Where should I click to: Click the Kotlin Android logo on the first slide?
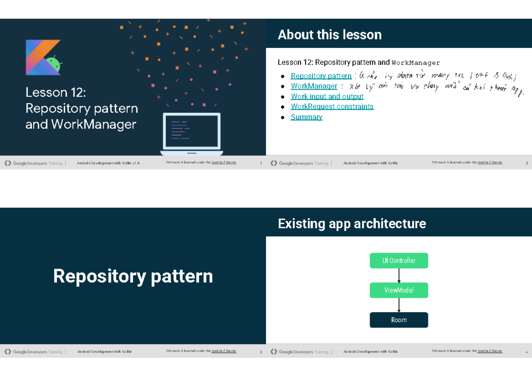(43, 57)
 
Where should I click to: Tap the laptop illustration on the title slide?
(192, 134)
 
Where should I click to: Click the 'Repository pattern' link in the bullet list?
(321, 76)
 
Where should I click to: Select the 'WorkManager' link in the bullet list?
(314, 86)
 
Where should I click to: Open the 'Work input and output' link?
(327, 96)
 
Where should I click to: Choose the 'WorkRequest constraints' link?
(332, 107)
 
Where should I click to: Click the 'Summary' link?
(306, 117)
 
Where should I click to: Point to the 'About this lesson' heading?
(329, 35)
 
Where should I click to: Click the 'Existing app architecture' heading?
(352, 223)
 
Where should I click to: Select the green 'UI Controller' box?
(399, 261)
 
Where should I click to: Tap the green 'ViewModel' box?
(399, 290)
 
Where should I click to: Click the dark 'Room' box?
(399, 320)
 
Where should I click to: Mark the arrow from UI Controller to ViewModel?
(399, 275)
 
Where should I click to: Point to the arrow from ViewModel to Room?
(399, 305)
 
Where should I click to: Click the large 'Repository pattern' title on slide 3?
(133, 276)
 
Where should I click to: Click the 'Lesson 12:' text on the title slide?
(55, 92)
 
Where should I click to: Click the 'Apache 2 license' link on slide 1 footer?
(224, 163)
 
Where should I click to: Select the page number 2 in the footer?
(527, 163)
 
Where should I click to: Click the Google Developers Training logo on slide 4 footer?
(299, 352)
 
